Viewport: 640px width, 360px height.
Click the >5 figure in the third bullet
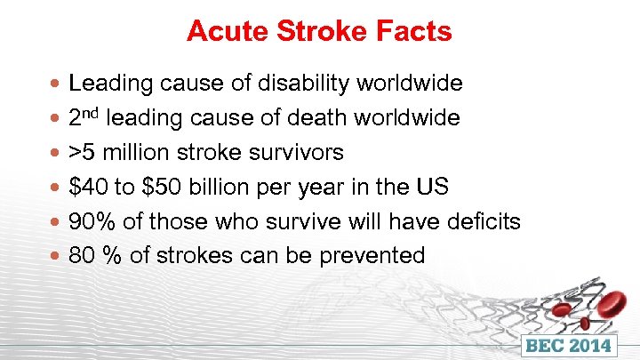click(x=82, y=153)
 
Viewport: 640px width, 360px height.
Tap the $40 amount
click(x=87, y=188)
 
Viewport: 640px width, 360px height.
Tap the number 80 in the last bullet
click(x=82, y=256)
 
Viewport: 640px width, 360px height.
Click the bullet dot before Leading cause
click(x=58, y=84)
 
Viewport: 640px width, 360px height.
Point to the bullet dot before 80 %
click(x=58, y=256)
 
